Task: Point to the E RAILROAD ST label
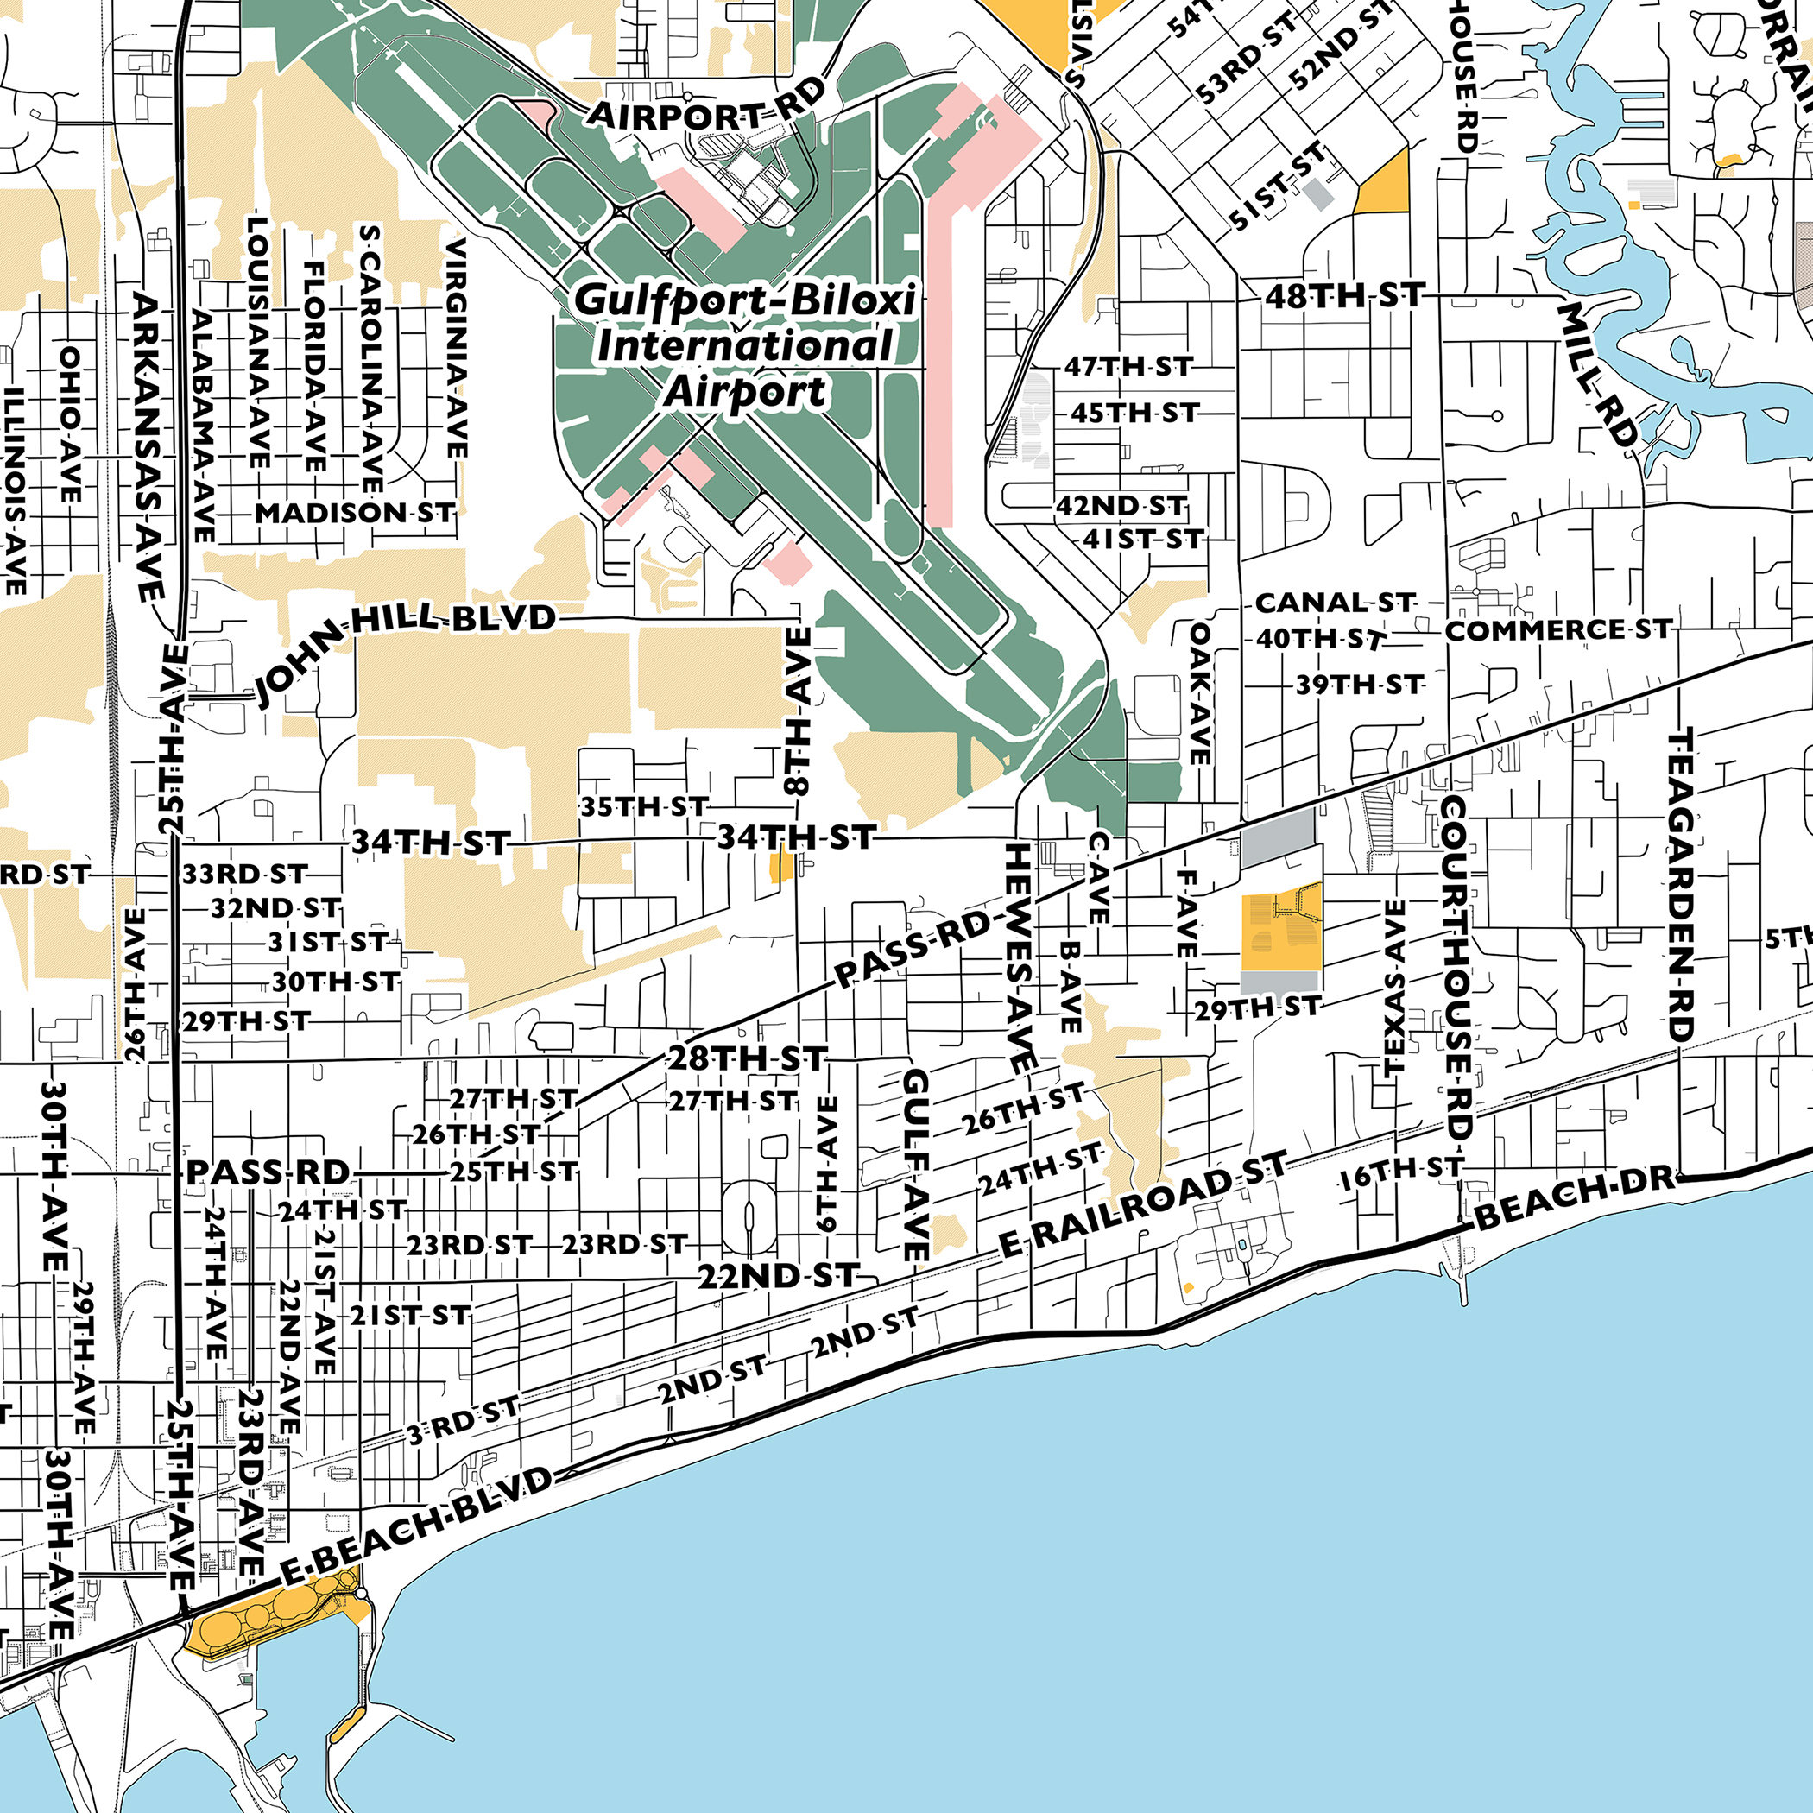point(1143,1204)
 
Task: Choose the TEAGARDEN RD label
point(1680,885)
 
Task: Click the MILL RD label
point(1597,375)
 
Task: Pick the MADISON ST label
point(355,514)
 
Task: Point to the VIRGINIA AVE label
point(456,348)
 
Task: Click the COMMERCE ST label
point(1557,629)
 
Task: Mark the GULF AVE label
point(916,1164)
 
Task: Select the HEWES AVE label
point(1019,957)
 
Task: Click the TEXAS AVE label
point(1394,987)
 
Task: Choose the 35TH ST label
point(643,806)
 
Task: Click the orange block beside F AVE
point(1281,931)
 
